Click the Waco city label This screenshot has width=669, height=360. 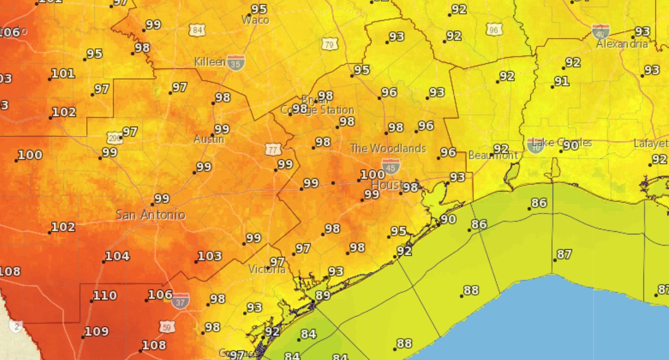[255, 20]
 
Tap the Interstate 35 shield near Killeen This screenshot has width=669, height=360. [236, 62]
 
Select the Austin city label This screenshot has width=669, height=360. [209, 139]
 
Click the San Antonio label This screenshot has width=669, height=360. [150, 215]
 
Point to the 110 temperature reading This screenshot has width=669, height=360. [105, 296]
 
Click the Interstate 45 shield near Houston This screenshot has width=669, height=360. [390, 166]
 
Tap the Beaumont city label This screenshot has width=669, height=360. [493, 155]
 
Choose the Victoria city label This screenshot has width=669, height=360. [267, 269]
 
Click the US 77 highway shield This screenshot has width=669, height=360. [273, 150]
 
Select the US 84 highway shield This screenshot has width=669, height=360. [197, 30]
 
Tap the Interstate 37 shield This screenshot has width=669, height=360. [181, 301]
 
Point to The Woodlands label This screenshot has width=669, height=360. [388, 149]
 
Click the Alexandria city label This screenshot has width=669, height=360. [622, 44]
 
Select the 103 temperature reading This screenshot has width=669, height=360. [210, 256]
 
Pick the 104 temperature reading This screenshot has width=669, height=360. [117, 256]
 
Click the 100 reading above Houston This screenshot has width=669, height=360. [373, 175]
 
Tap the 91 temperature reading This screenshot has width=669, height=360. [562, 81]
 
